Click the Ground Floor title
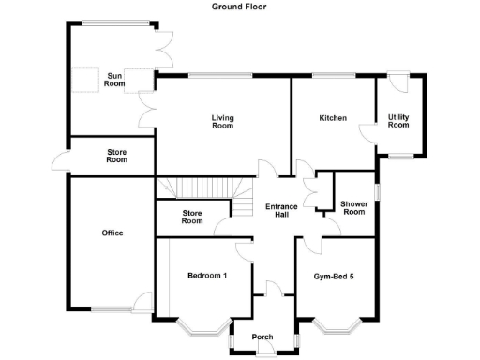tap(240, 6)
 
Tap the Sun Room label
tap(115, 80)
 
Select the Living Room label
tap(222, 122)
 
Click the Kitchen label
tap(333, 118)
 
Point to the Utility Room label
tap(398, 121)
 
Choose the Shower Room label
tap(353, 207)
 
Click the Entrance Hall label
tap(281, 211)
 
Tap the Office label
tap(112, 232)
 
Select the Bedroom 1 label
tap(206, 276)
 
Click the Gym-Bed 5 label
tap(337, 276)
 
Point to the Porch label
tap(262, 337)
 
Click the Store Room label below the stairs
tap(192, 217)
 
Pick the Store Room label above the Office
tap(116, 156)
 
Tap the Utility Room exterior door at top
tap(398, 81)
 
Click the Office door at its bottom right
tap(143, 303)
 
